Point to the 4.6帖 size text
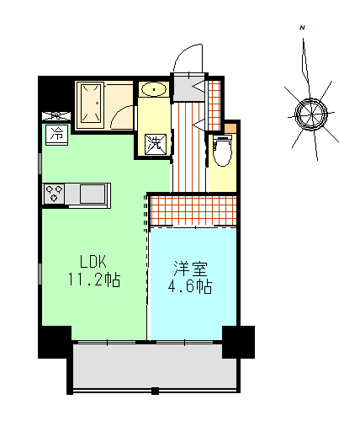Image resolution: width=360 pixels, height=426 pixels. click(x=191, y=286)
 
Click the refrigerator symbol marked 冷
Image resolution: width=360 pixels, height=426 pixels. click(x=57, y=134)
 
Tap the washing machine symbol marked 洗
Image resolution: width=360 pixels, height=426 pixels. click(x=156, y=144)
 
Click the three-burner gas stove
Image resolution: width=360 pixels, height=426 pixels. click(x=56, y=193)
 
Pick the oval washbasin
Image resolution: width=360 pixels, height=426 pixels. click(x=153, y=89)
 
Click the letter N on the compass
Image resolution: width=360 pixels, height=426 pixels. click(x=301, y=29)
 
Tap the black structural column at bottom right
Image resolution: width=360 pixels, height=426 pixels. click(x=238, y=342)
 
